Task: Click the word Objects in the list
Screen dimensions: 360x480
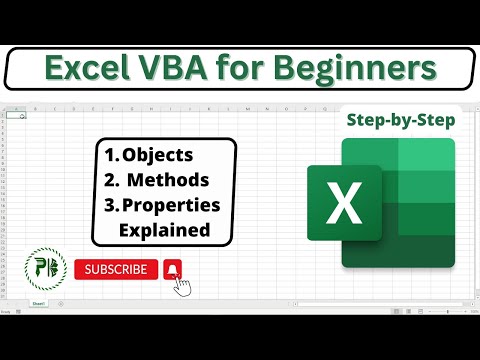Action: [x=161, y=156]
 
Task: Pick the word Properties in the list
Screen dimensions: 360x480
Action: [x=171, y=205]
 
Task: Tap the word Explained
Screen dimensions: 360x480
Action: [x=164, y=229]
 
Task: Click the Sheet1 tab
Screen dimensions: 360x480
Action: [x=38, y=301]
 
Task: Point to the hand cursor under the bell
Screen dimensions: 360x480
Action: [x=182, y=287]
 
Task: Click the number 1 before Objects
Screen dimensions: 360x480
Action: [x=109, y=156]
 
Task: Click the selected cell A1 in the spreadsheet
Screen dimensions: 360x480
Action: [x=15, y=115]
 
